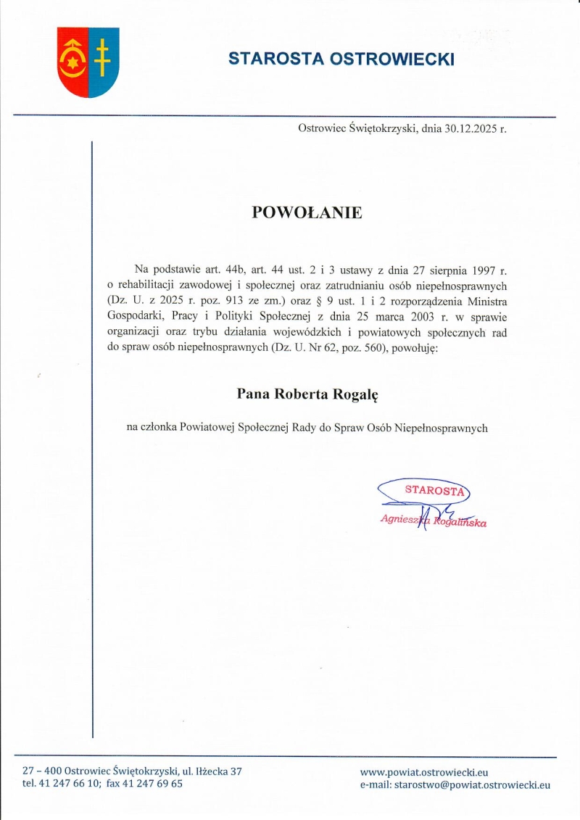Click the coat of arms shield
coord(88,62)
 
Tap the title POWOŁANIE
coord(307,212)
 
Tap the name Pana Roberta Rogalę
coord(307,394)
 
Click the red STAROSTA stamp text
coord(434,490)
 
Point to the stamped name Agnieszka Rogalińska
coord(433,521)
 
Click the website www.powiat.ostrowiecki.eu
coord(424,772)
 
